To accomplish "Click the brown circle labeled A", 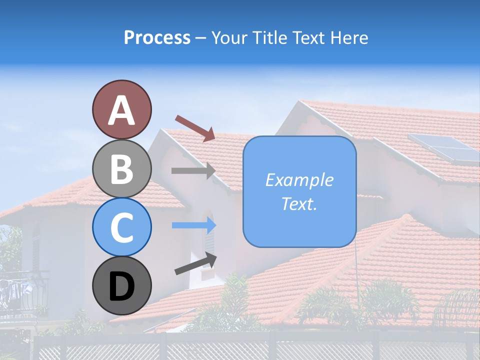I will (x=121, y=109).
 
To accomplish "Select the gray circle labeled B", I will (x=121, y=168).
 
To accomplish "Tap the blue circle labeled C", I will (x=121, y=227).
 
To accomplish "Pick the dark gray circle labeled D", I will (x=121, y=285).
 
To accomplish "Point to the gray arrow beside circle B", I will (x=193, y=170).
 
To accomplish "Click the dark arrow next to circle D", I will (x=195, y=263).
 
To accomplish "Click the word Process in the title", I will (x=157, y=38).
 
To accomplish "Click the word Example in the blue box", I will (x=299, y=180).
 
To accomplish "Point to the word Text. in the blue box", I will (x=299, y=204).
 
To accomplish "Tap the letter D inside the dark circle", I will (x=121, y=286).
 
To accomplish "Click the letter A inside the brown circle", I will (x=121, y=110).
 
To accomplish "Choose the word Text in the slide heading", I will (x=307, y=38).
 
